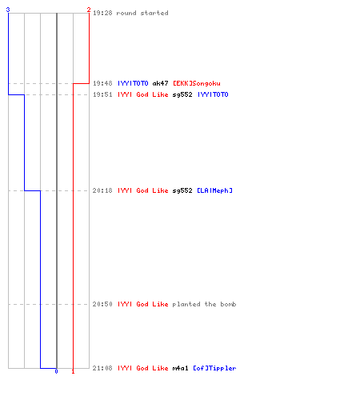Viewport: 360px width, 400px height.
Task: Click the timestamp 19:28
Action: (102, 13)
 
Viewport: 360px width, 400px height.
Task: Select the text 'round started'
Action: (142, 13)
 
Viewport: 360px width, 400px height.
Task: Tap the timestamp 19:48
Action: (102, 83)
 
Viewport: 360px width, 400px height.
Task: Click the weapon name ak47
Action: (160, 83)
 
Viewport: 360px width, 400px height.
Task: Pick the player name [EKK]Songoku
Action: (197, 83)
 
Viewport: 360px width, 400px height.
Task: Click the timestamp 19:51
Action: (102, 94)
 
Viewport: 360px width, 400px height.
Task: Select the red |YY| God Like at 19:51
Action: (143, 94)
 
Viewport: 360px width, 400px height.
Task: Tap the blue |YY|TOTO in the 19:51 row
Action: (213, 94)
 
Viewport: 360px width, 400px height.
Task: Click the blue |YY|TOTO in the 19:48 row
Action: (133, 83)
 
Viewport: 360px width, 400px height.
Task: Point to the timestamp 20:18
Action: (102, 190)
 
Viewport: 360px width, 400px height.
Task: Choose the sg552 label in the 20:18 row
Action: (182, 190)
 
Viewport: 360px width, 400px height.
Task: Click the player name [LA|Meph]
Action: (215, 190)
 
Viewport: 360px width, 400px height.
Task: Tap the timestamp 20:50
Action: (102, 304)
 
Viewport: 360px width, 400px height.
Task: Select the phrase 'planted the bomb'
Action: (204, 304)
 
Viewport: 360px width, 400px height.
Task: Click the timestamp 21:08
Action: (102, 368)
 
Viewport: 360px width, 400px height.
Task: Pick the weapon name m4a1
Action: (181, 368)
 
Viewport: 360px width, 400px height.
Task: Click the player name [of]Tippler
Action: (214, 368)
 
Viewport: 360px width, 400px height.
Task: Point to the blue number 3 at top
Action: (8, 10)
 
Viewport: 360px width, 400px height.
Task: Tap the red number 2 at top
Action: (89, 10)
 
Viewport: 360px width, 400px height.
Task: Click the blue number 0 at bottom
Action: (56, 371)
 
